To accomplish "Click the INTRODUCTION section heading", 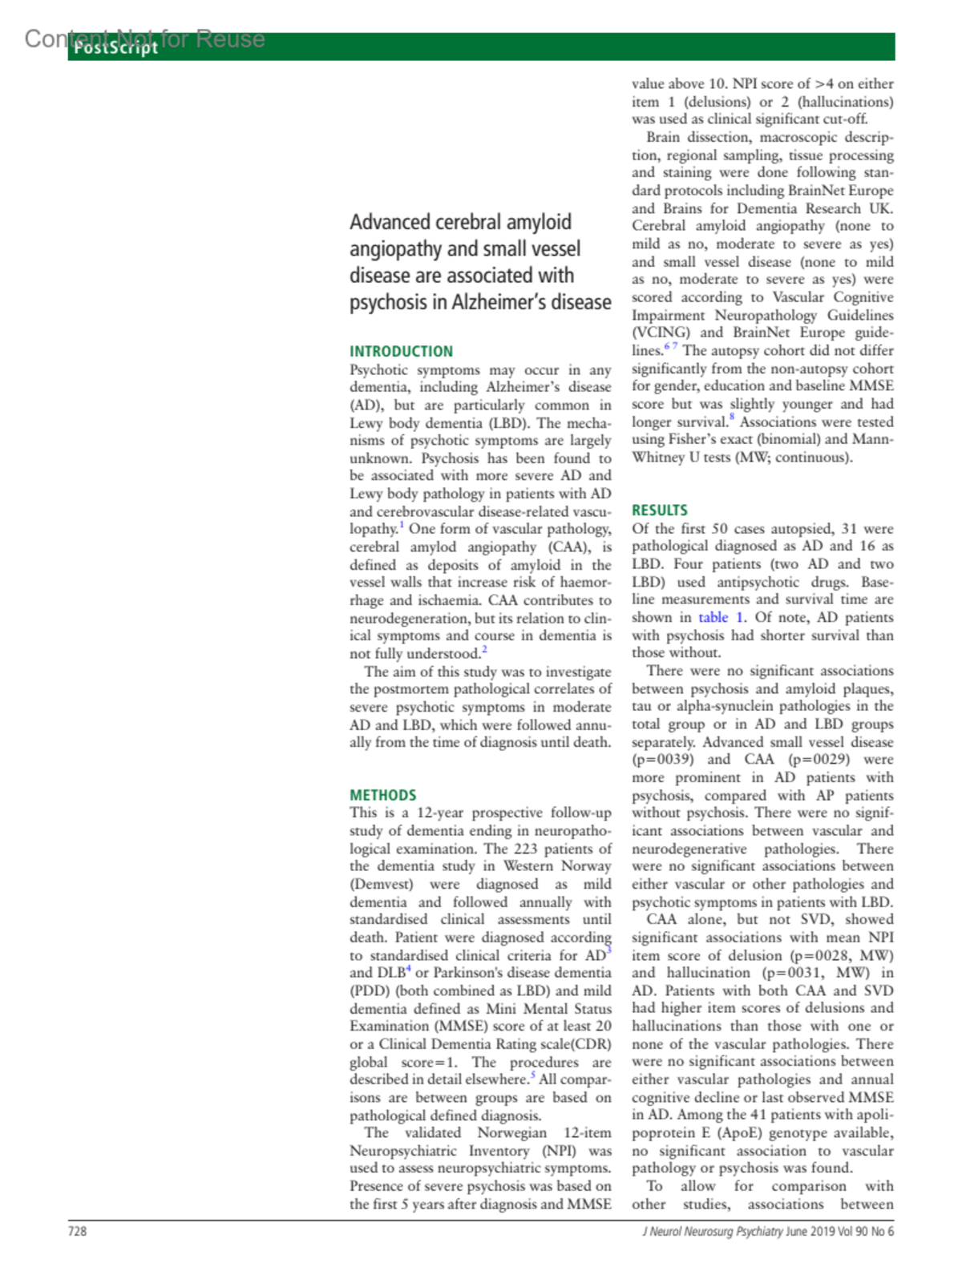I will (401, 351).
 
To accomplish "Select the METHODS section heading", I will (382, 795).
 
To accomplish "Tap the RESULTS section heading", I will (659, 510).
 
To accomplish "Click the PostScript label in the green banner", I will (115, 48).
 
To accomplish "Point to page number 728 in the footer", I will (77, 1231).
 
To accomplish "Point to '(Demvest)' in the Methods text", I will (381, 884).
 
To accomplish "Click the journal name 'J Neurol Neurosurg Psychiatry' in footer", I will (712, 1231).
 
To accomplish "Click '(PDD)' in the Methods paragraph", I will (370, 990).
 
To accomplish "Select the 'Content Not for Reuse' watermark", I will (144, 38).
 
